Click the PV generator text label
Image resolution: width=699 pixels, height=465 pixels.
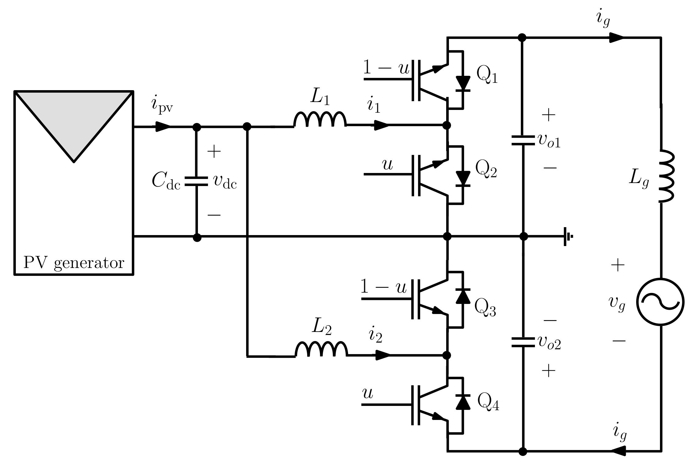[x=74, y=262]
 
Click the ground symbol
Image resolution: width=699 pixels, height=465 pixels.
[x=567, y=236]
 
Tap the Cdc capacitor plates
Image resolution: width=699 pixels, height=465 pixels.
[x=197, y=181]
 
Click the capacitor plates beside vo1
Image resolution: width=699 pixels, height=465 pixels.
[x=523, y=140]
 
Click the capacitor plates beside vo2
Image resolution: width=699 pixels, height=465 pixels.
[x=523, y=342]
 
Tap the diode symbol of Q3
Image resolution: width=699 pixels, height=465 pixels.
[x=463, y=296]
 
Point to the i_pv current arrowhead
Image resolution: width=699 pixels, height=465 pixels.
[x=163, y=126]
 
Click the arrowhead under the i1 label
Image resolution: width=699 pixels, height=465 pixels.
[x=381, y=125]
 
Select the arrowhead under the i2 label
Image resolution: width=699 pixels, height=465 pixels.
[x=382, y=355]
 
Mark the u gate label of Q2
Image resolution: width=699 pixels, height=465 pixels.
[x=387, y=165]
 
